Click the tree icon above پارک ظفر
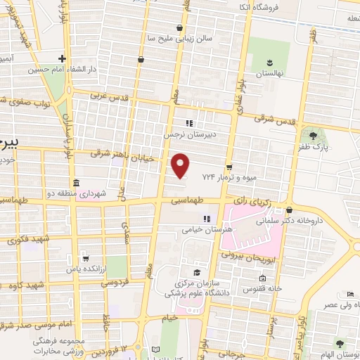click(311, 134)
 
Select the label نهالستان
click(268, 73)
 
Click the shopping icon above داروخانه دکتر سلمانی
click(290, 209)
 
